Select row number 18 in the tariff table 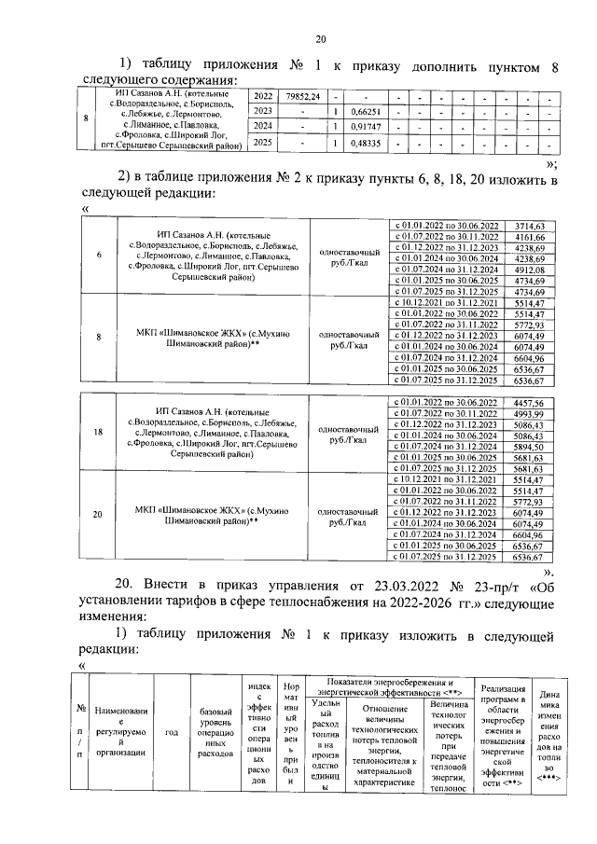pyautogui.click(x=100, y=434)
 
